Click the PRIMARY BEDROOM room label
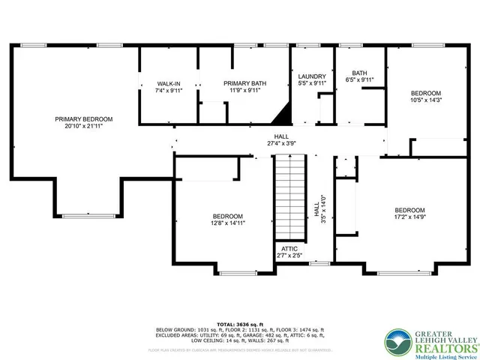[83, 119]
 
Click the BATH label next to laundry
[358, 73]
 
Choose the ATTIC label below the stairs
[290, 248]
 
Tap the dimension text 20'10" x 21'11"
[83, 127]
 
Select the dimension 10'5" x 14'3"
[425, 100]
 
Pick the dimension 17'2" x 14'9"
[410, 217]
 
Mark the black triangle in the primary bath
[283, 115]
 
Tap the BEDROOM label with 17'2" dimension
[410, 210]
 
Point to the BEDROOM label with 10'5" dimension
[425, 93]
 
